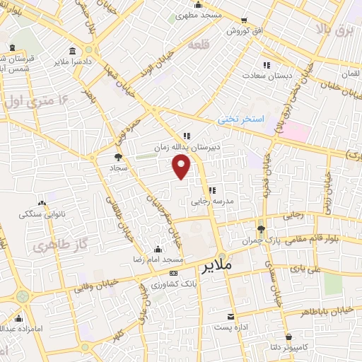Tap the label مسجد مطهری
(198, 14)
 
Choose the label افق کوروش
(245, 32)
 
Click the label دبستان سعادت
(265, 74)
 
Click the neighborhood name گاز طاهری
(51, 246)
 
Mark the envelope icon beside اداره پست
(230, 317)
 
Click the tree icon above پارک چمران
(261, 229)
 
